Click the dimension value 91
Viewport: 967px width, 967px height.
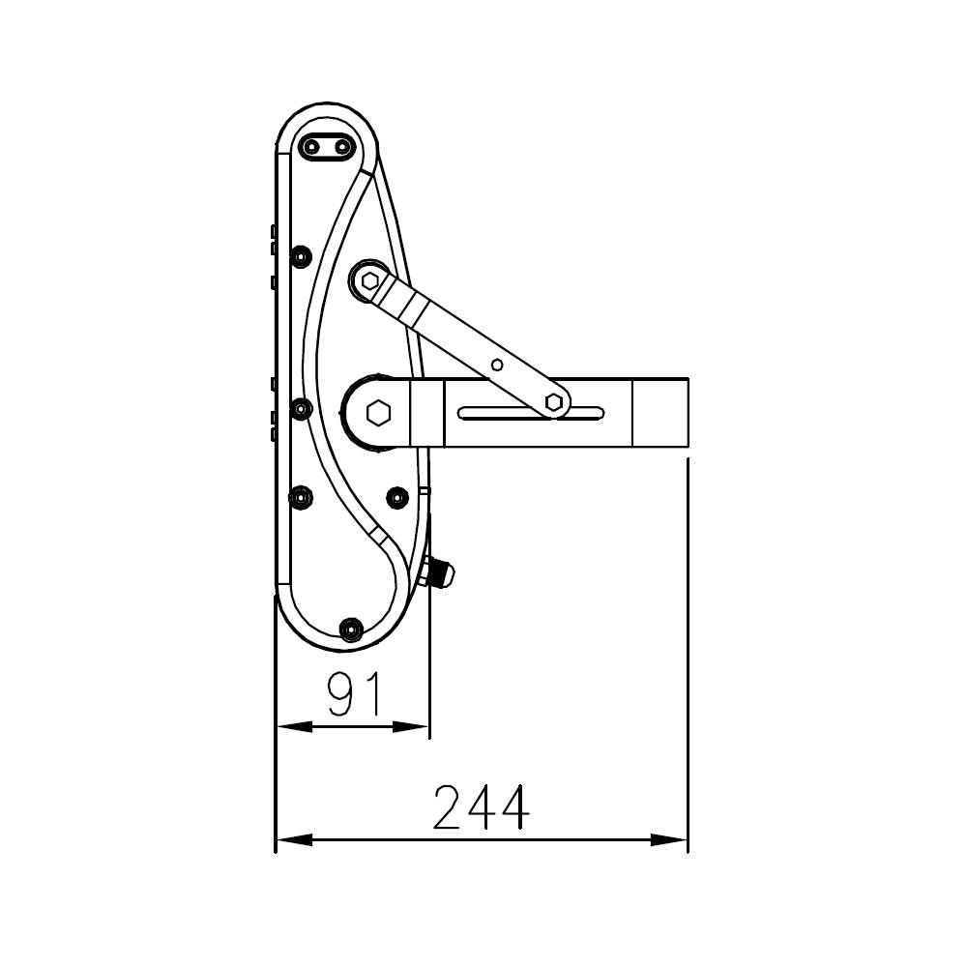355,693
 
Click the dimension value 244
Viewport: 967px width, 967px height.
482,807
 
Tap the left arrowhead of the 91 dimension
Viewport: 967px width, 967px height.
295,728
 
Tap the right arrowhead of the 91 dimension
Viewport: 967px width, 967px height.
410,728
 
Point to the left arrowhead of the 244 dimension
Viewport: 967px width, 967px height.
294,839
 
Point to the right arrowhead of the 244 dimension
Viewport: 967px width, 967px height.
669,839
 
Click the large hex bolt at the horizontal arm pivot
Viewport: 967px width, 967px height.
378,413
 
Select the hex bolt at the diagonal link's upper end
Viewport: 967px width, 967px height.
370,281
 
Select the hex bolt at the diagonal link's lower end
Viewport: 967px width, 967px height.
554,402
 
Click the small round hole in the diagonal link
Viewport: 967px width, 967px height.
497,366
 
